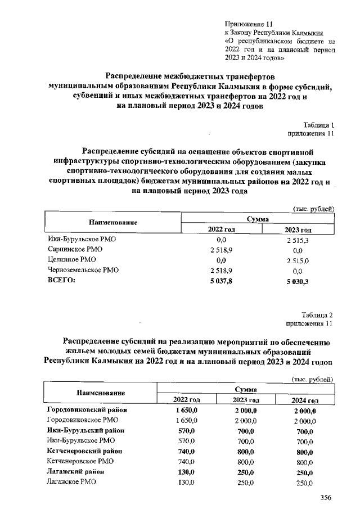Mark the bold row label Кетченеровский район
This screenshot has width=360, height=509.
(84, 451)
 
